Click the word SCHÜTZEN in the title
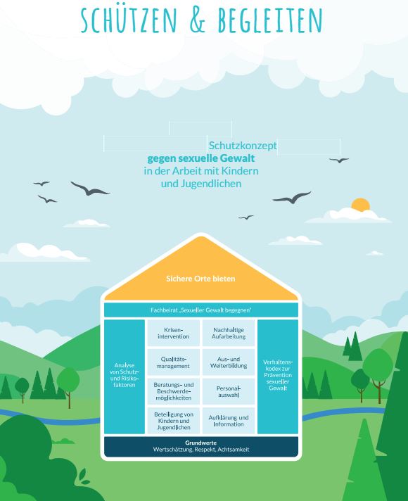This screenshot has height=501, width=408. tap(129, 20)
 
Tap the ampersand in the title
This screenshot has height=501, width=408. tap(198, 20)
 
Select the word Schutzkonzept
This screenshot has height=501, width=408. tap(243, 146)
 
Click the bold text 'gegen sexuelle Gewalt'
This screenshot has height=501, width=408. tap(201, 158)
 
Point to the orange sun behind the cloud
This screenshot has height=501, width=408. tap(360, 205)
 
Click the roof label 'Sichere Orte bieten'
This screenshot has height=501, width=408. tap(200, 279)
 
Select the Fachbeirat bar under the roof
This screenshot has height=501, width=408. tap(201, 310)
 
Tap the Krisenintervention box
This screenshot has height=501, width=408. tap(174, 333)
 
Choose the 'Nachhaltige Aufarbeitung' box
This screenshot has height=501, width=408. tap(229, 333)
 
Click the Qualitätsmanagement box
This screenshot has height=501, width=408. tap(174, 362)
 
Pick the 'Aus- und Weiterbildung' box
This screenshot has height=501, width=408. tap(229, 362)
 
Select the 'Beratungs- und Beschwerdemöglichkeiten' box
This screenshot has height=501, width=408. tap(174, 391)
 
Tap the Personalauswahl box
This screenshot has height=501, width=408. tap(229, 391)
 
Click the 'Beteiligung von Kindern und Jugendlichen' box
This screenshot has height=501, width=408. tap(174, 421)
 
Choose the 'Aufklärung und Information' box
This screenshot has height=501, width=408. tap(229, 421)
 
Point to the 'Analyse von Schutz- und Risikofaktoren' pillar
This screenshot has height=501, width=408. tap(125, 376)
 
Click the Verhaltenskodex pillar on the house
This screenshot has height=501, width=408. tap(278, 376)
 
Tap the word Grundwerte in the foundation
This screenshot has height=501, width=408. tap(201, 443)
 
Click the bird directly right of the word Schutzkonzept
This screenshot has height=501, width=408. tap(339, 160)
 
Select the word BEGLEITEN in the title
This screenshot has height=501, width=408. tap(270, 20)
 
